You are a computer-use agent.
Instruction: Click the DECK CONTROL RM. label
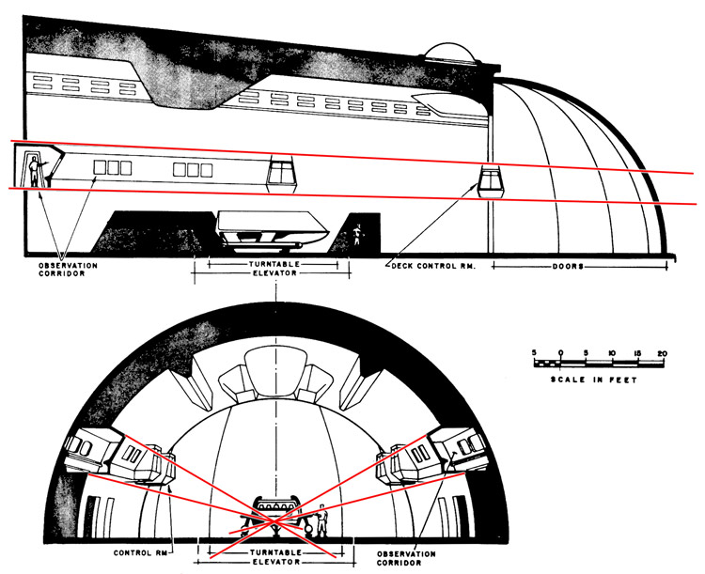click(433, 266)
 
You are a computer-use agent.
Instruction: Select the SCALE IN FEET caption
click(594, 380)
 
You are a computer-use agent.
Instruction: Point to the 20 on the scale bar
click(662, 353)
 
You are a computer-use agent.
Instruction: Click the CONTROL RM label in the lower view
click(139, 553)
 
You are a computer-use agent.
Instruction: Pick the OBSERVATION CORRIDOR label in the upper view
click(68, 270)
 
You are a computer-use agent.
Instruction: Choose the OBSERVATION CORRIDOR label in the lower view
click(406, 559)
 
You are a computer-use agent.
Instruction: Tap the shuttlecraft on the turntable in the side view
click(272, 229)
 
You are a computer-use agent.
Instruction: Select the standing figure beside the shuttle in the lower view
click(321, 520)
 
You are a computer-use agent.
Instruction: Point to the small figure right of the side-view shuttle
click(357, 234)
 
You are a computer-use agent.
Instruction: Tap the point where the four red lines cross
click(273, 521)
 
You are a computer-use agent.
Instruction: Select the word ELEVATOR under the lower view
click(274, 562)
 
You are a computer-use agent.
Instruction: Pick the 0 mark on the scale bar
click(560, 353)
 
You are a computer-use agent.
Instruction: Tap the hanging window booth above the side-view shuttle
click(282, 175)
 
